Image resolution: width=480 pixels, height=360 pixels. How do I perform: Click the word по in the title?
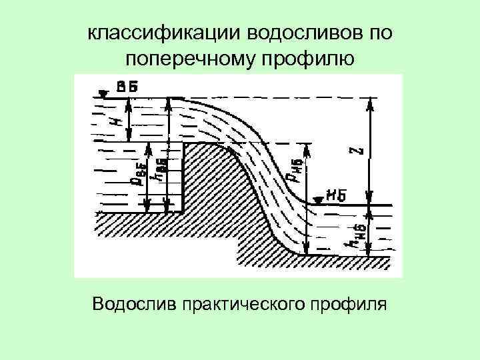point(381,33)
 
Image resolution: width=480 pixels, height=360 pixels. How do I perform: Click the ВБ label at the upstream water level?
point(127,87)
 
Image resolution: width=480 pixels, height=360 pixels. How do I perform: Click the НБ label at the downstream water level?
point(336,195)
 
